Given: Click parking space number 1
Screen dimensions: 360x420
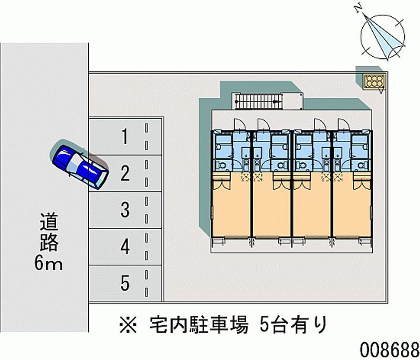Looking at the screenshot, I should coord(125,137).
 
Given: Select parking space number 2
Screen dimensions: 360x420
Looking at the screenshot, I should coord(125,173).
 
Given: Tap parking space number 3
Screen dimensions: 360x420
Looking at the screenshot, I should coord(125,210).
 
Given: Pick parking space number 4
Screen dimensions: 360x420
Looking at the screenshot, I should coord(125,246).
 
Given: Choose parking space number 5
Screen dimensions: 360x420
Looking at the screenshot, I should coord(125,283).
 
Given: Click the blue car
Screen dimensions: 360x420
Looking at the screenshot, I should coord(79,165).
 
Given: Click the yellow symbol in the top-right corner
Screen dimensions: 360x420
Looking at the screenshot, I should coord(375,81).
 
